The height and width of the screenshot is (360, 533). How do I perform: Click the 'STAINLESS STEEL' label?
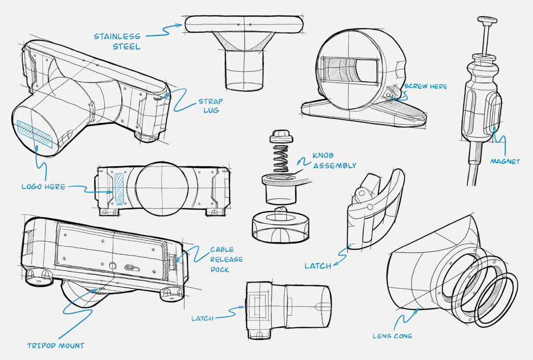[117, 41]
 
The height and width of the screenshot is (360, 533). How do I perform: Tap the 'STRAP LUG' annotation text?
[211, 106]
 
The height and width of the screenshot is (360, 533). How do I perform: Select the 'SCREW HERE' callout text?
[425, 86]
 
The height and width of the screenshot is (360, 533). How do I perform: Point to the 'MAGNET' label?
[505, 161]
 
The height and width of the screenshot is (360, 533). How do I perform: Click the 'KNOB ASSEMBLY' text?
[334, 161]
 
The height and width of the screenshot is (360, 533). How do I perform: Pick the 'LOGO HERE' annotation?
[44, 186]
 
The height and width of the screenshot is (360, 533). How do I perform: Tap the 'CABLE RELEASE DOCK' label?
[226, 259]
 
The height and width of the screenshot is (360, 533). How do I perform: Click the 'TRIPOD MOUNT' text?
[56, 345]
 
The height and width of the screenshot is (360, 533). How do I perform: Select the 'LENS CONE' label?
[392, 336]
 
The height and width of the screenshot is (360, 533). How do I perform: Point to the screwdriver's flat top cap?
[488, 20]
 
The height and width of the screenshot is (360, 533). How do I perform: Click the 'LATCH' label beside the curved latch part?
[318, 266]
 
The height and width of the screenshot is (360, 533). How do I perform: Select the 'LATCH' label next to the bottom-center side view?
[202, 318]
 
